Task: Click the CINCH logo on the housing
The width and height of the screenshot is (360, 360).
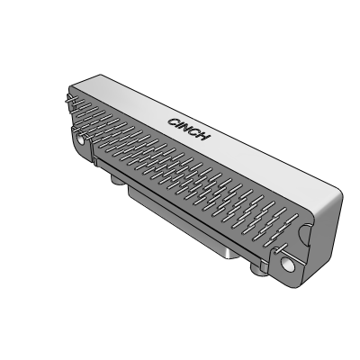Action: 190,129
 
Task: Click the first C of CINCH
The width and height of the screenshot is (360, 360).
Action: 174,120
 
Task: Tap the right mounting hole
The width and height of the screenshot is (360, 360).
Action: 288,265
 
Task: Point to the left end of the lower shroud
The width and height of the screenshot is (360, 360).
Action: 129,193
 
